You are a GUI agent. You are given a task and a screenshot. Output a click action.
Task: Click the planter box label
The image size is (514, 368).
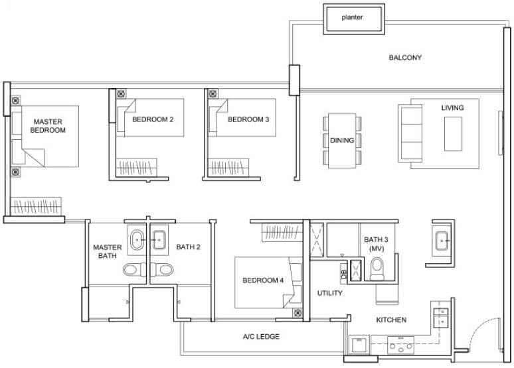click(353, 17)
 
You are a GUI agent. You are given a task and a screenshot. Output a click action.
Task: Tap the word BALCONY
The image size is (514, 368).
click(405, 58)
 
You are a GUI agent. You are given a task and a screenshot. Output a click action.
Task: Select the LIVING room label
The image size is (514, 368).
click(452, 107)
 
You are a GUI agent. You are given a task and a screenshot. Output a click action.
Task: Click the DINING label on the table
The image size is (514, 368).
click(343, 140)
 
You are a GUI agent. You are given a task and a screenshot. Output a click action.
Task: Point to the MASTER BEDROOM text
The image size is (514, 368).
click(48, 126)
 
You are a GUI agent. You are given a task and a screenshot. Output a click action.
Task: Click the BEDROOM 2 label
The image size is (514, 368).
click(153, 119)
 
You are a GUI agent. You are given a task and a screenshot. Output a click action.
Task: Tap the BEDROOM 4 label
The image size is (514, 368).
click(263, 280)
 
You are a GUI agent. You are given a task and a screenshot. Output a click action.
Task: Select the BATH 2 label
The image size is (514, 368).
click(188, 247)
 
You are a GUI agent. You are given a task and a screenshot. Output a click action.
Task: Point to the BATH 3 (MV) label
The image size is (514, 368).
click(377, 243)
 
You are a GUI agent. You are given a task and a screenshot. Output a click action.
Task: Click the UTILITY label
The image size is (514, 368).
click(329, 292)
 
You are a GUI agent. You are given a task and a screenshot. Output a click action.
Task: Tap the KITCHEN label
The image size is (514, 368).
click(391, 320)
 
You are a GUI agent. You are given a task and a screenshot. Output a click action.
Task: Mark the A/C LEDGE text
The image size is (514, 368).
click(261, 337)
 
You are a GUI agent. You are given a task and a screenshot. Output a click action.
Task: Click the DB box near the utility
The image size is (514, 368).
click(343, 272)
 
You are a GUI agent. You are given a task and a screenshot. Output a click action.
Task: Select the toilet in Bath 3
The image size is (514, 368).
click(378, 269)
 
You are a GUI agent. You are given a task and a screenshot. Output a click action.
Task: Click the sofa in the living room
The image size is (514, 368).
click(409, 133)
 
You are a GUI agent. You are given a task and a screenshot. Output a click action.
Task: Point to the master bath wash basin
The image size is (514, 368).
click(137, 241)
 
